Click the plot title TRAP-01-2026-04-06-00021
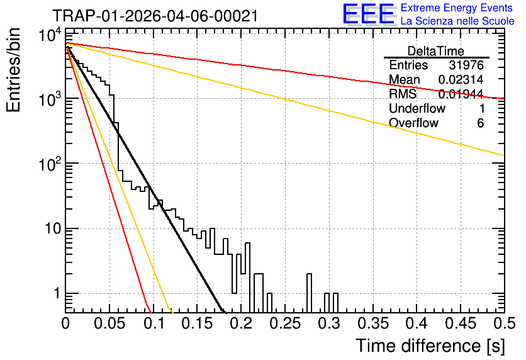(155, 16)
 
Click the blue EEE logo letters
(369, 13)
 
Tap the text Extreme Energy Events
(457, 8)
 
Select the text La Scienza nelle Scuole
(457, 21)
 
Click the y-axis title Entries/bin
(13, 70)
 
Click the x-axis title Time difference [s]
(430, 346)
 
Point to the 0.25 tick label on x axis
(285, 323)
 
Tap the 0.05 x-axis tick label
(109, 323)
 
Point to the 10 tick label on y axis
(53, 229)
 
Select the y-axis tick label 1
(57, 293)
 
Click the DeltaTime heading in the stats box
(436, 51)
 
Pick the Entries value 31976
(466, 65)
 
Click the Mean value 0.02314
(461, 79)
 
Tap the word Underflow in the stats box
(417, 108)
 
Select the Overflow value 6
(480, 123)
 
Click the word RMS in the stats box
(403, 94)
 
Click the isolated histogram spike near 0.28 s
(309, 293)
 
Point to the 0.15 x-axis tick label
(198, 323)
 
